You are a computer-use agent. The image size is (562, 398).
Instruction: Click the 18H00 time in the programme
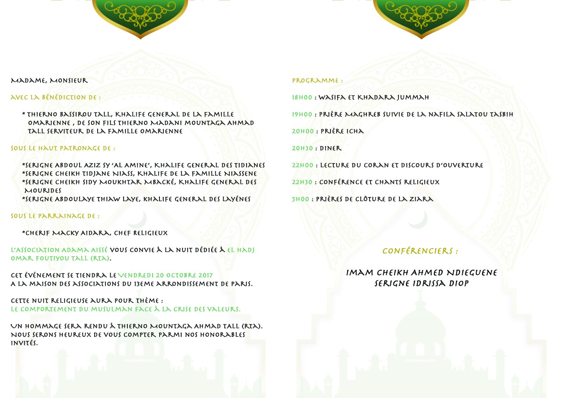tap(302, 97)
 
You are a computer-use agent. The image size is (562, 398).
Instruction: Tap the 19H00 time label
tap(302, 114)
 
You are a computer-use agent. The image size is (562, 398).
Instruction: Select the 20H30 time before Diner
tap(302, 148)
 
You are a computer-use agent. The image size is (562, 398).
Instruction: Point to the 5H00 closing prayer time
tap(301, 199)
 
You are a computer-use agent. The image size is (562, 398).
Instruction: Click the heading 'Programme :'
tap(317, 81)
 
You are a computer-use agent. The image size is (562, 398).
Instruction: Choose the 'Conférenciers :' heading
tap(420, 251)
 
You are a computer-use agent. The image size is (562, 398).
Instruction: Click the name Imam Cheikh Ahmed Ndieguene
tap(421, 273)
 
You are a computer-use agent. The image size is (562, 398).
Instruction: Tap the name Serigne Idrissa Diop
tap(421, 284)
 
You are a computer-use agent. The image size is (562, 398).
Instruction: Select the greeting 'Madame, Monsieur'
tap(49, 81)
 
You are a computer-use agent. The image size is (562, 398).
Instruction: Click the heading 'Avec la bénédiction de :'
tap(56, 97)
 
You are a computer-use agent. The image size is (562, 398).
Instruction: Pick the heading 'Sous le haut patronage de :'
tap(63, 148)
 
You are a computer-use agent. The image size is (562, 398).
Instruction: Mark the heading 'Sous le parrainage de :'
tap(55, 216)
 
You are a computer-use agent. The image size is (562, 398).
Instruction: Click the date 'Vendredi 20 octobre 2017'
tap(165, 275)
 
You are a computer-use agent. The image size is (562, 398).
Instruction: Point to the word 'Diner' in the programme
tap(330, 148)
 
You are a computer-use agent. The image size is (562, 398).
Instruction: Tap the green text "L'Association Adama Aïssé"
tap(59, 250)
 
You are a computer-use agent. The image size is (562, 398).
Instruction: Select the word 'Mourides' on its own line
tap(43, 191)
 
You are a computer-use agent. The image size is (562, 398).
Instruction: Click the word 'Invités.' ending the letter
tap(24, 343)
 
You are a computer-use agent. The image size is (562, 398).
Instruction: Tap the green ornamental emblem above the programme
tap(421, 16)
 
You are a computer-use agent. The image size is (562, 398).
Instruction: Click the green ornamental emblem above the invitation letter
tap(140, 16)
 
